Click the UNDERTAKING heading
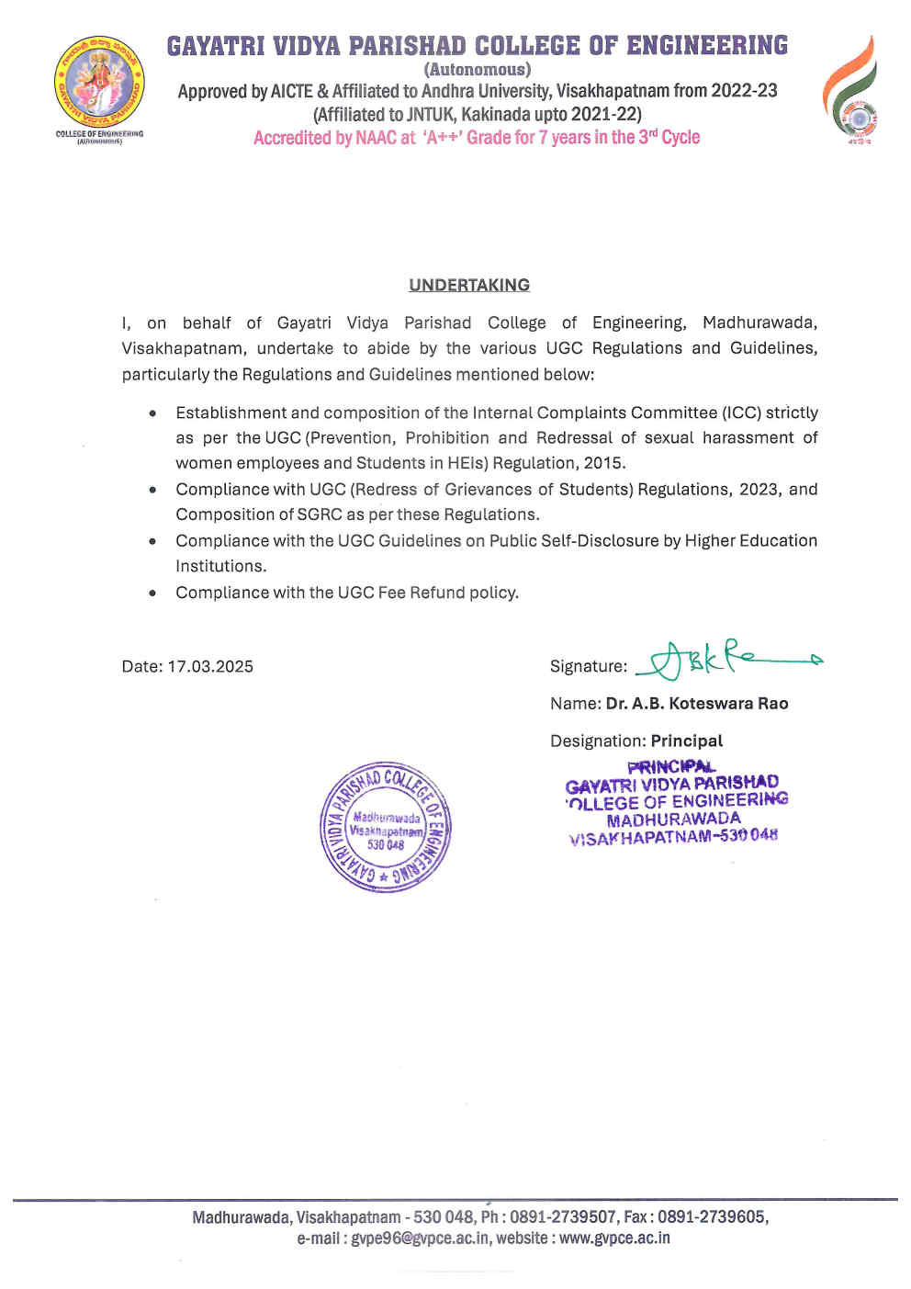(x=469, y=285)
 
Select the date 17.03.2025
(x=210, y=666)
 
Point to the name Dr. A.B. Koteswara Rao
(x=696, y=704)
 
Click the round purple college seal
(x=385, y=826)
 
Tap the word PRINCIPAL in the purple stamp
(x=671, y=766)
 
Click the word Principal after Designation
(x=687, y=741)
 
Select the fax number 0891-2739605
(x=711, y=1216)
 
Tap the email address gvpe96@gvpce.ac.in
(x=420, y=1238)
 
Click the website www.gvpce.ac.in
(x=614, y=1238)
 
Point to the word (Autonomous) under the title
(x=477, y=69)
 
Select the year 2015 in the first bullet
(x=604, y=463)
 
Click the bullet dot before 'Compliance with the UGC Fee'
(x=152, y=593)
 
